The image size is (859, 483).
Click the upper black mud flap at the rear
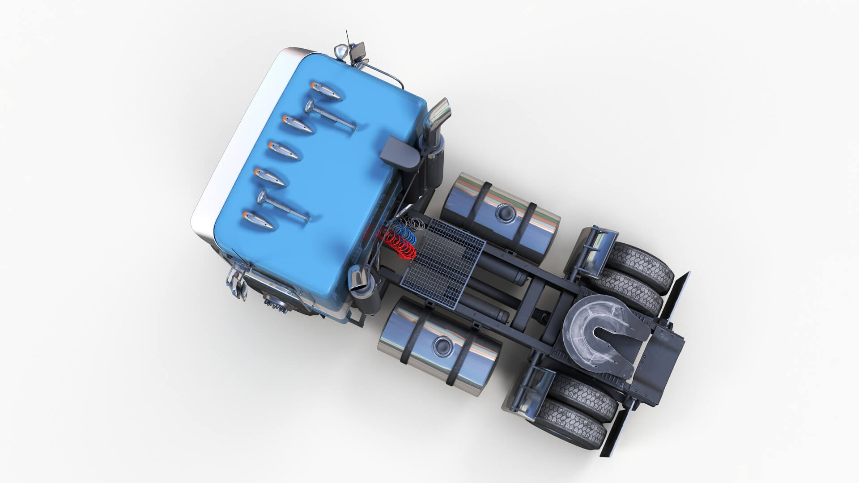[675, 295]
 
